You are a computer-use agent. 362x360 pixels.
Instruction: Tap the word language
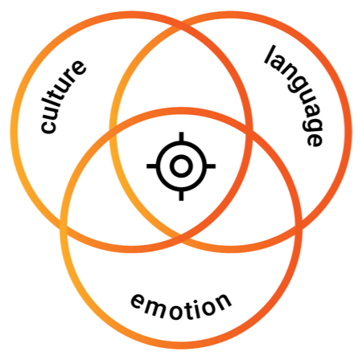pyautogui.click(x=294, y=96)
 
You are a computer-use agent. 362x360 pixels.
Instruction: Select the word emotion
pyautogui.click(x=181, y=306)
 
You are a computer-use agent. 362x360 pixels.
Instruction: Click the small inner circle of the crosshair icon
pyautogui.click(x=181, y=166)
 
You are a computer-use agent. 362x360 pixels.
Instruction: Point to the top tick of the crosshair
pyautogui.click(x=181, y=137)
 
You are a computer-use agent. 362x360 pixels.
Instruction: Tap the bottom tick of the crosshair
pyautogui.click(x=181, y=196)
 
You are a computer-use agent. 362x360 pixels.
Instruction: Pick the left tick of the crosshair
pyautogui.click(x=151, y=166)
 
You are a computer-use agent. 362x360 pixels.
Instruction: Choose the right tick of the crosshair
pyautogui.click(x=211, y=166)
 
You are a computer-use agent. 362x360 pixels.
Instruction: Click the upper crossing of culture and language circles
pyautogui.click(x=181, y=28)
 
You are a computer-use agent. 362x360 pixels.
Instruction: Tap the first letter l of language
pyautogui.click(x=270, y=55)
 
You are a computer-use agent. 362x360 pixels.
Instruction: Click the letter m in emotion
pyautogui.click(x=156, y=307)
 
